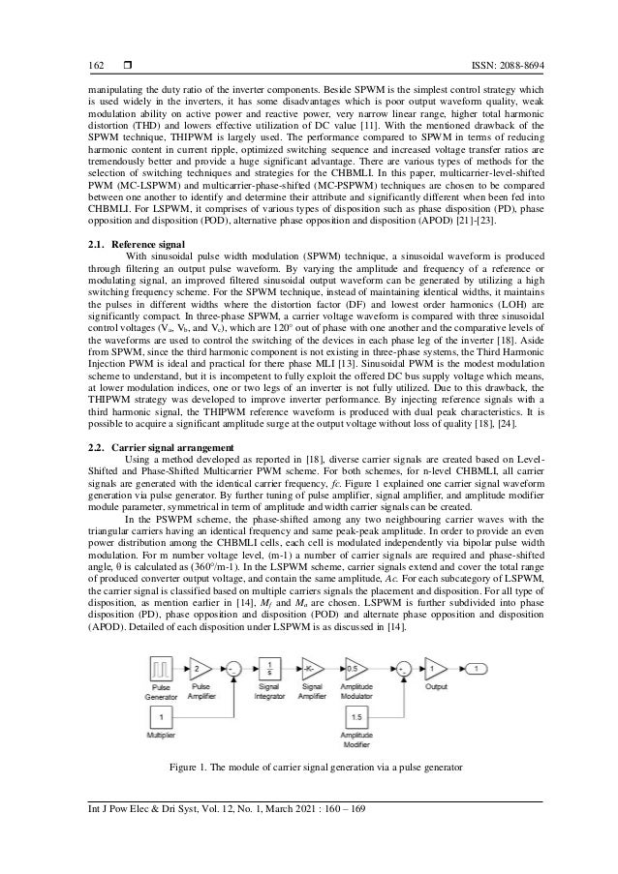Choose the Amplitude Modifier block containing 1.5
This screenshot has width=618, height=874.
tap(359, 720)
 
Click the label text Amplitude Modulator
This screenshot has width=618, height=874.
tap(359, 694)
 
